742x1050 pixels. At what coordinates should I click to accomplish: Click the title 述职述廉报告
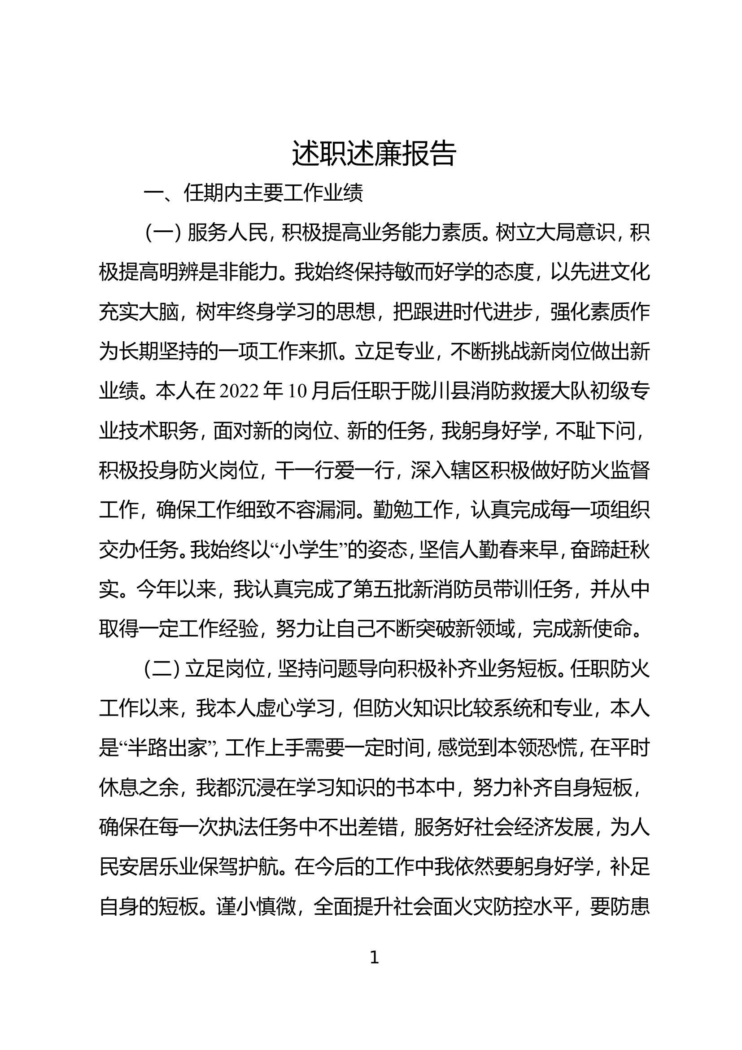(374, 154)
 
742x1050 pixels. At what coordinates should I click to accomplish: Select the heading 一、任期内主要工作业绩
(253, 193)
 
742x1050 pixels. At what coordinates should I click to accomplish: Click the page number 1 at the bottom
(374, 958)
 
